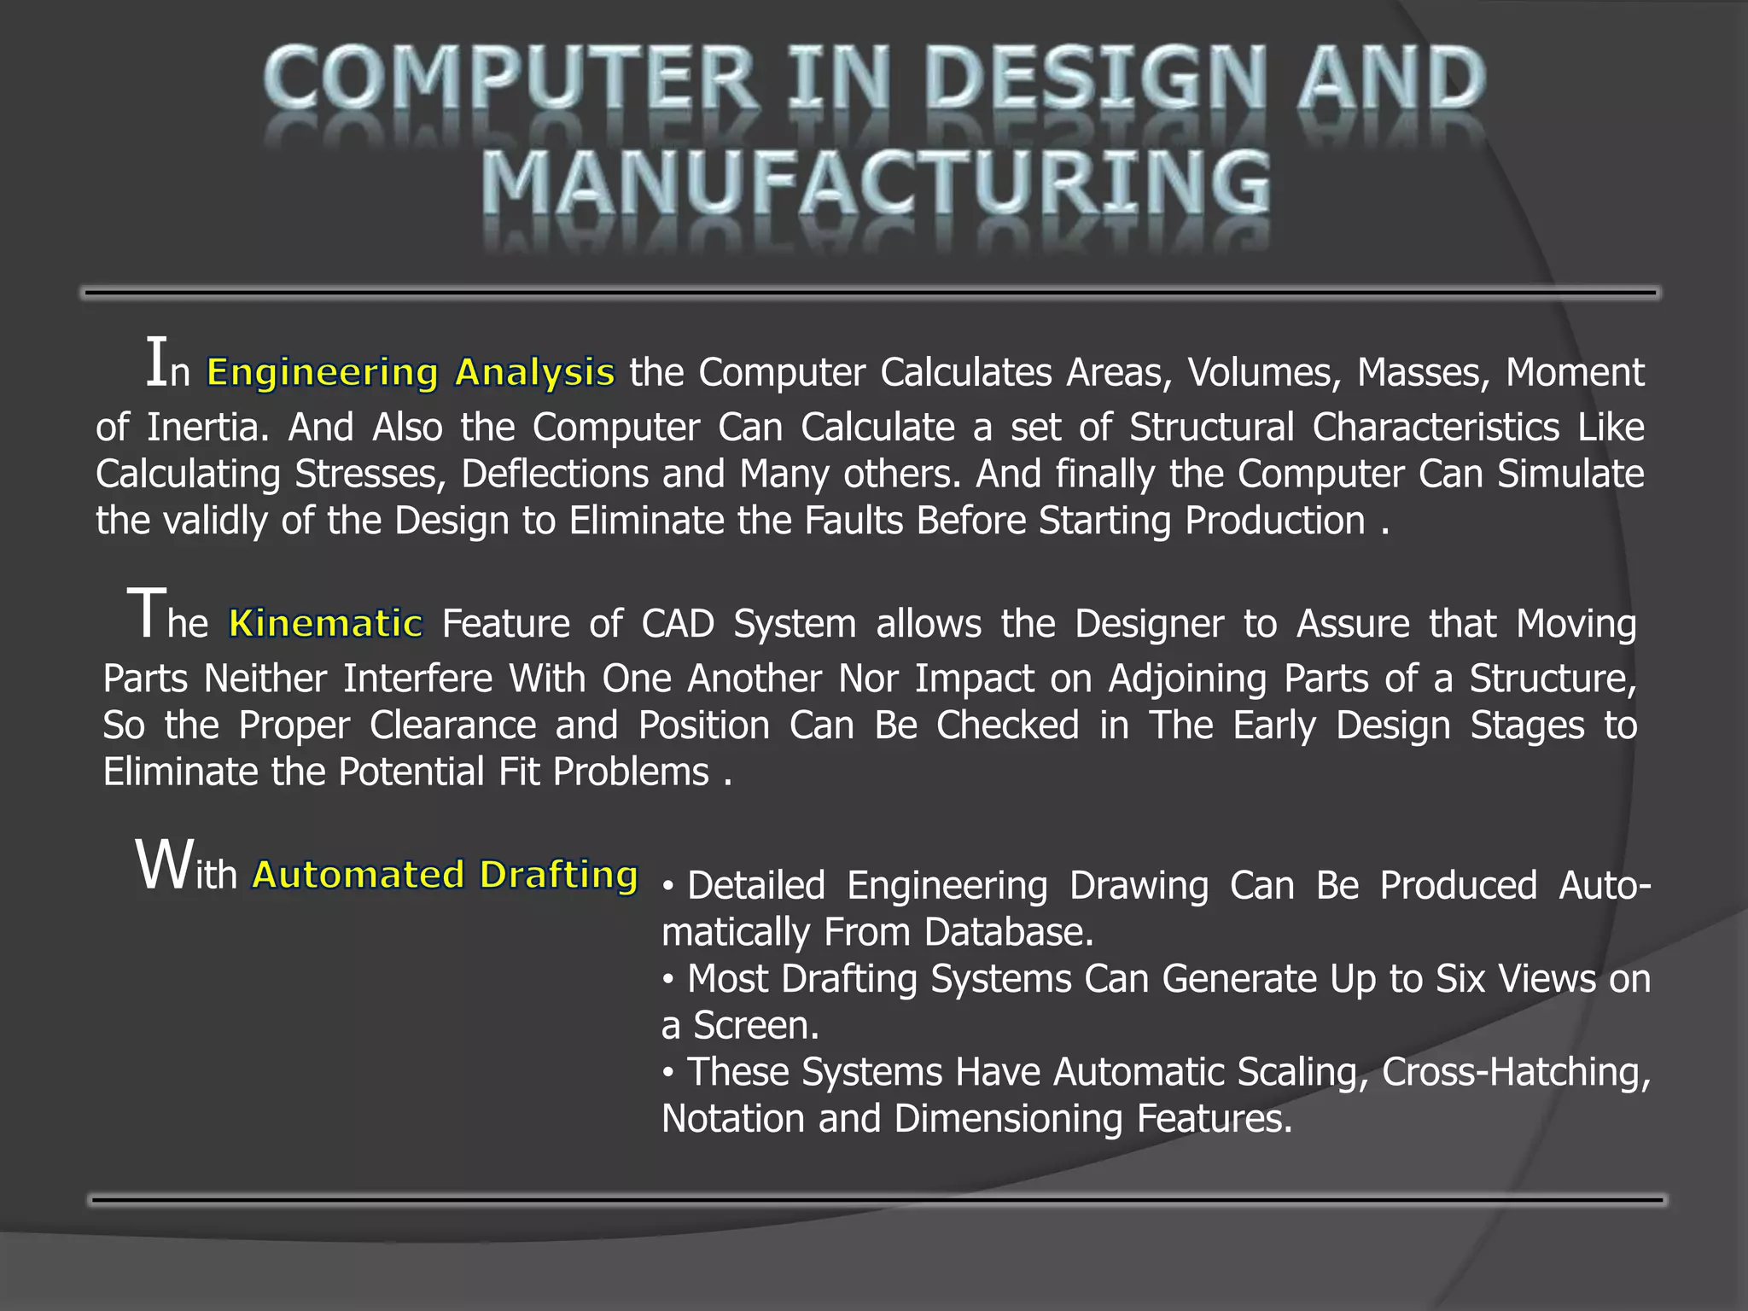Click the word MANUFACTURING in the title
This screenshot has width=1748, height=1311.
coord(876,183)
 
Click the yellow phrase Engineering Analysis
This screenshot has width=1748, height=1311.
coord(411,372)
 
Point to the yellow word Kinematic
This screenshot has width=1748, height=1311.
coord(326,624)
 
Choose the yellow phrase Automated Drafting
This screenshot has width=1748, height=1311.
coord(445,875)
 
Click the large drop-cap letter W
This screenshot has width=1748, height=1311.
coord(164,865)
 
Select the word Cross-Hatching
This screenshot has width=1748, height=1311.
coord(1516,1072)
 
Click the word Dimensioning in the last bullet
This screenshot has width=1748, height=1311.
coord(1008,1119)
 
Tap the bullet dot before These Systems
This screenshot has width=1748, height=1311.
coord(669,1072)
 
